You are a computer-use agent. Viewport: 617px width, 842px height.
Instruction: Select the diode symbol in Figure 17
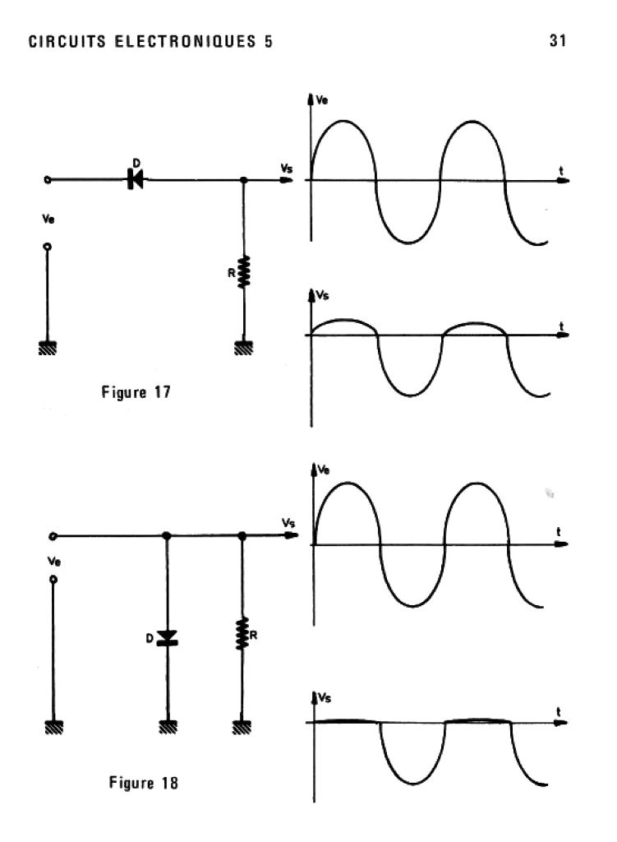(135, 178)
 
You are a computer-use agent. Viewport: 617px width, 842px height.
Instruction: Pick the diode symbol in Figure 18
(168, 636)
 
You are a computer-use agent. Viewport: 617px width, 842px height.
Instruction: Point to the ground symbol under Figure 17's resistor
(244, 347)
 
